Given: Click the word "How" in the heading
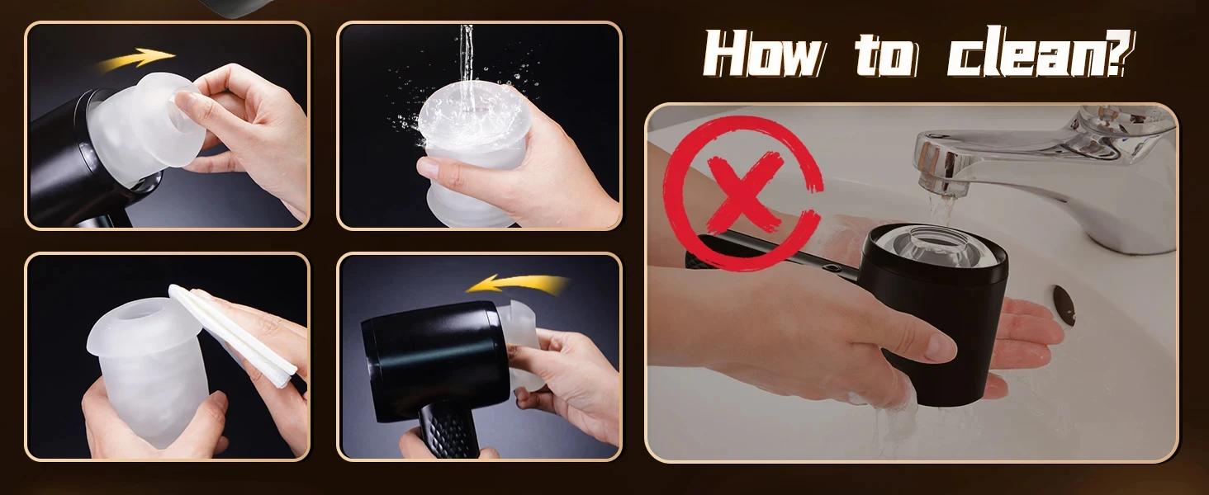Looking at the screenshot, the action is (764, 54).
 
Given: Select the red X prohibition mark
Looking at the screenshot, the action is (742, 192).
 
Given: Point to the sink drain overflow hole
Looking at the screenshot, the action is (1064, 304).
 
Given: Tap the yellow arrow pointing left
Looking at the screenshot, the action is (518, 284).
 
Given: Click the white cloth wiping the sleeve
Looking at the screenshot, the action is (233, 335).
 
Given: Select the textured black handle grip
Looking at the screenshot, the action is (448, 429).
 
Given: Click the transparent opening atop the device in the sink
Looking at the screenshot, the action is (937, 246).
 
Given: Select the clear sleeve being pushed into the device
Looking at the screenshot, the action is (520, 345).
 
